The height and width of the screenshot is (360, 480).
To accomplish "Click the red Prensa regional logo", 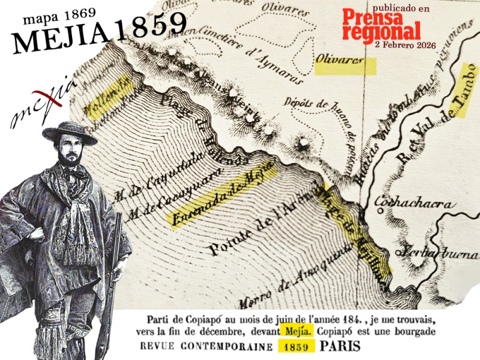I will tap(381, 27).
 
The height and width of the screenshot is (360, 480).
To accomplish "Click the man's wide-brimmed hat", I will tap(69, 133).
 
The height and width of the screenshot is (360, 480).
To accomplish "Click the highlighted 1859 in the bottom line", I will tap(296, 347).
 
